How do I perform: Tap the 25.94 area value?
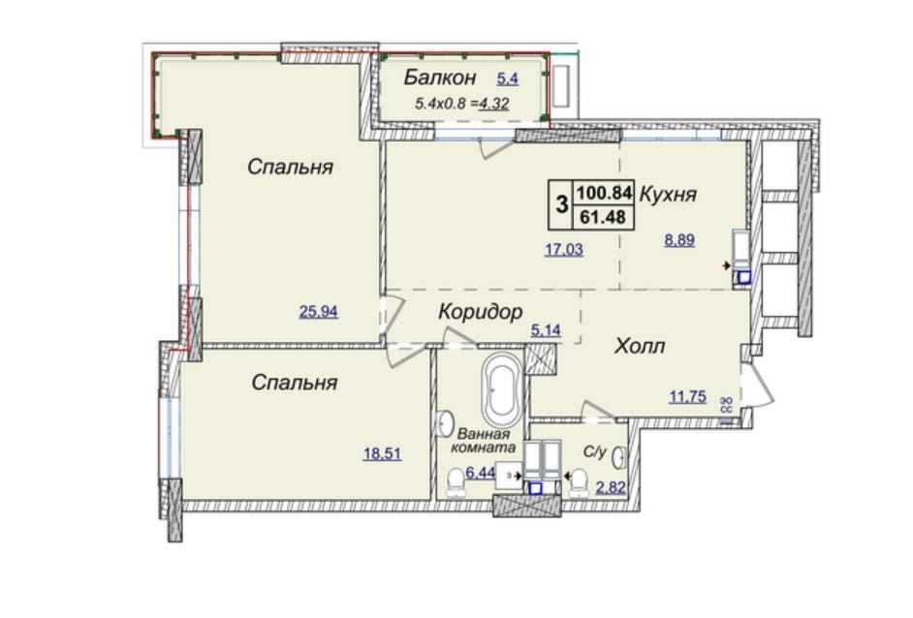319,312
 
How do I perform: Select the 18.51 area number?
383,453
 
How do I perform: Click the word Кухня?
668,195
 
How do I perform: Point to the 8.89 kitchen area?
679,239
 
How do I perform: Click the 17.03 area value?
564,250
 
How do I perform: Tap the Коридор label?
481,313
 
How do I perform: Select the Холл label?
640,347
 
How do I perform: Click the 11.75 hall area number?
688,397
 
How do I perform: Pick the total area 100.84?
604,192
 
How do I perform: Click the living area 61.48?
603,217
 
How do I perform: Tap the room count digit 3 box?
561,204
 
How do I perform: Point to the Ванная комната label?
484,441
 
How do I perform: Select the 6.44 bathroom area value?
481,473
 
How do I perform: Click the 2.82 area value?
611,487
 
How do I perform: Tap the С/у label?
595,451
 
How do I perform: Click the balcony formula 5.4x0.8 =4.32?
461,105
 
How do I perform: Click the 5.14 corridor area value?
546,330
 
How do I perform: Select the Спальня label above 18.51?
295,383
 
